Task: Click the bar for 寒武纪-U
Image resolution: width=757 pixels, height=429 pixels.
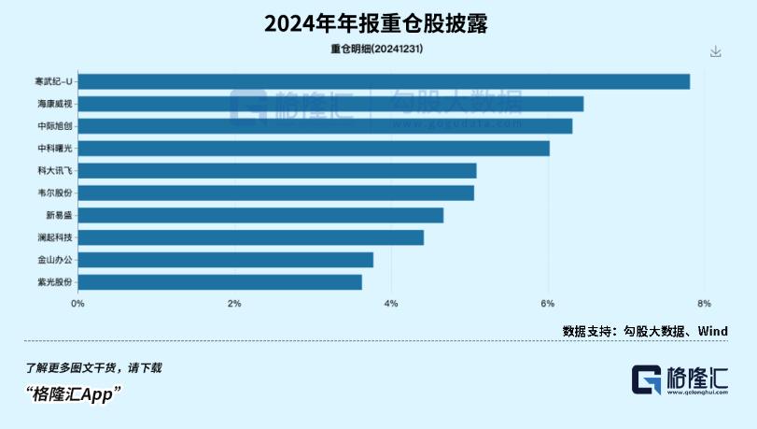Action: pyautogui.click(x=384, y=81)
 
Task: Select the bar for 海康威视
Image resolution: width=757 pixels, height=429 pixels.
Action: pyautogui.click(x=330, y=104)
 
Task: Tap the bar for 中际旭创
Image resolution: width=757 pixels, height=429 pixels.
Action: pyautogui.click(x=325, y=126)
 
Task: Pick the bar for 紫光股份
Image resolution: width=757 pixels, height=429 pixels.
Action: pyautogui.click(x=219, y=281)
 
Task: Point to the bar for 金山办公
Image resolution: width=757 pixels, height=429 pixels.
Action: pyautogui.click(x=225, y=260)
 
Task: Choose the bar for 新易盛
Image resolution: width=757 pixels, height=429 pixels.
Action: pyautogui.click(x=260, y=215)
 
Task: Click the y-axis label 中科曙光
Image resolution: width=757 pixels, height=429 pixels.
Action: pyautogui.click(x=53, y=149)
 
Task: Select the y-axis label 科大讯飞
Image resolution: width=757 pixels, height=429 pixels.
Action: pyautogui.click(x=53, y=171)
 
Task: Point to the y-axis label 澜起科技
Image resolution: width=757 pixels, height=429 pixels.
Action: pyautogui.click(x=53, y=237)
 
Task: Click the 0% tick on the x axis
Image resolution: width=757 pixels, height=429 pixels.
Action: pyautogui.click(x=78, y=303)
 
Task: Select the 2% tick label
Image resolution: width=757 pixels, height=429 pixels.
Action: pyautogui.click(x=234, y=303)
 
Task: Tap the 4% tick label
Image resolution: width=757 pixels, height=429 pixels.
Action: pyautogui.click(x=391, y=303)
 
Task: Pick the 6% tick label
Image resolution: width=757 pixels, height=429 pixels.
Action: pyautogui.click(x=548, y=303)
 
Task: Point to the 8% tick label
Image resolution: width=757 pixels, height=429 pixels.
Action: pyautogui.click(x=704, y=303)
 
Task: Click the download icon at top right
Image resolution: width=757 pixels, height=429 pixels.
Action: pyautogui.click(x=716, y=51)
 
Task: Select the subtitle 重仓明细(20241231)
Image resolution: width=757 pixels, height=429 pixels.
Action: pyautogui.click(x=377, y=50)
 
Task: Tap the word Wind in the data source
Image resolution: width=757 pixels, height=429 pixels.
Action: pyautogui.click(x=712, y=331)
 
